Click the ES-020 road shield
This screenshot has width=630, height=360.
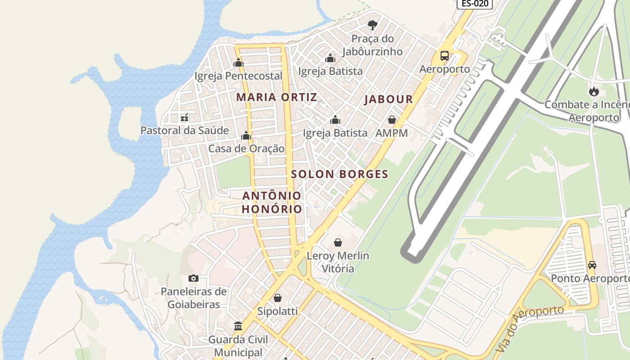click(475, 4)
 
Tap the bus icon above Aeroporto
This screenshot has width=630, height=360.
click(444, 56)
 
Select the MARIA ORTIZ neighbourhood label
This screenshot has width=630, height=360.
click(277, 97)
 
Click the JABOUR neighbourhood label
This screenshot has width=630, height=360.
click(389, 99)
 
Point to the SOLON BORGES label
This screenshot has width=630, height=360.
click(340, 174)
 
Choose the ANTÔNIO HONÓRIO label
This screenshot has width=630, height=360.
click(272, 202)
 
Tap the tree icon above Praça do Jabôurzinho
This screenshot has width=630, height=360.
click(372, 25)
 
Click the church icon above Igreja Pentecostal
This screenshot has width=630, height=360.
click(238, 63)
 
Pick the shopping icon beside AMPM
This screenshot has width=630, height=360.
click(392, 120)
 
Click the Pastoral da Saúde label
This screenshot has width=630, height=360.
click(184, 130)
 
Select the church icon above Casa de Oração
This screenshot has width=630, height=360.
click(246, 135)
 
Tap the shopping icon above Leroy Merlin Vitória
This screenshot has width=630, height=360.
click(338, 243)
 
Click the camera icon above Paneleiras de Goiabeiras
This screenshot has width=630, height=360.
click(193, 278)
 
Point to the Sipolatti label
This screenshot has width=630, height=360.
click(278, 311)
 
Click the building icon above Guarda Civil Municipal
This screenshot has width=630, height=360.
click(238, 326)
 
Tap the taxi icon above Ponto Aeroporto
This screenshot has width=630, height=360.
click(592, 265)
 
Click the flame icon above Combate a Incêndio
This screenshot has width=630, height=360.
click(594, 91)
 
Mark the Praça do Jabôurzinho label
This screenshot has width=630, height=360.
click(372, 45)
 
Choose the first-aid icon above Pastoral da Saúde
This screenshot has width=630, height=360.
click(184, 118)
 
